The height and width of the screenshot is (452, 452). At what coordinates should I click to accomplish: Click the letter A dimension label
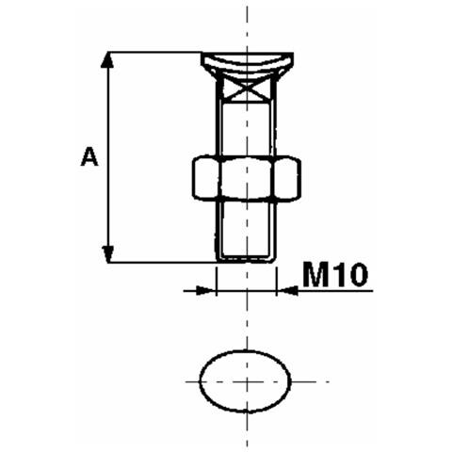point(89,157)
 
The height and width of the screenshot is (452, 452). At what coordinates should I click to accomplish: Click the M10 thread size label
point(335,275)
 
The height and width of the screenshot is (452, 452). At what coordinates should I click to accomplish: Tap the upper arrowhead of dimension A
point(107,59)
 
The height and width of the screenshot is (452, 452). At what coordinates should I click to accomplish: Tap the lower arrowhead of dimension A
point(107,254)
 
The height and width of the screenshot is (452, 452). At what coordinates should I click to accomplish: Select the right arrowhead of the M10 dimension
point(287,291)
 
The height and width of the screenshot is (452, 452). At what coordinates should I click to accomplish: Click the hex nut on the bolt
point(247,177)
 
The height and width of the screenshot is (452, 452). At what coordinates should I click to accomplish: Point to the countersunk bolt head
point(248,64)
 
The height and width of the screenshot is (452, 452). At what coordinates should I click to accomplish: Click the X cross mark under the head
point(248,89)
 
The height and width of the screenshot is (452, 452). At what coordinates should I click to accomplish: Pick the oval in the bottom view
point(200,381)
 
